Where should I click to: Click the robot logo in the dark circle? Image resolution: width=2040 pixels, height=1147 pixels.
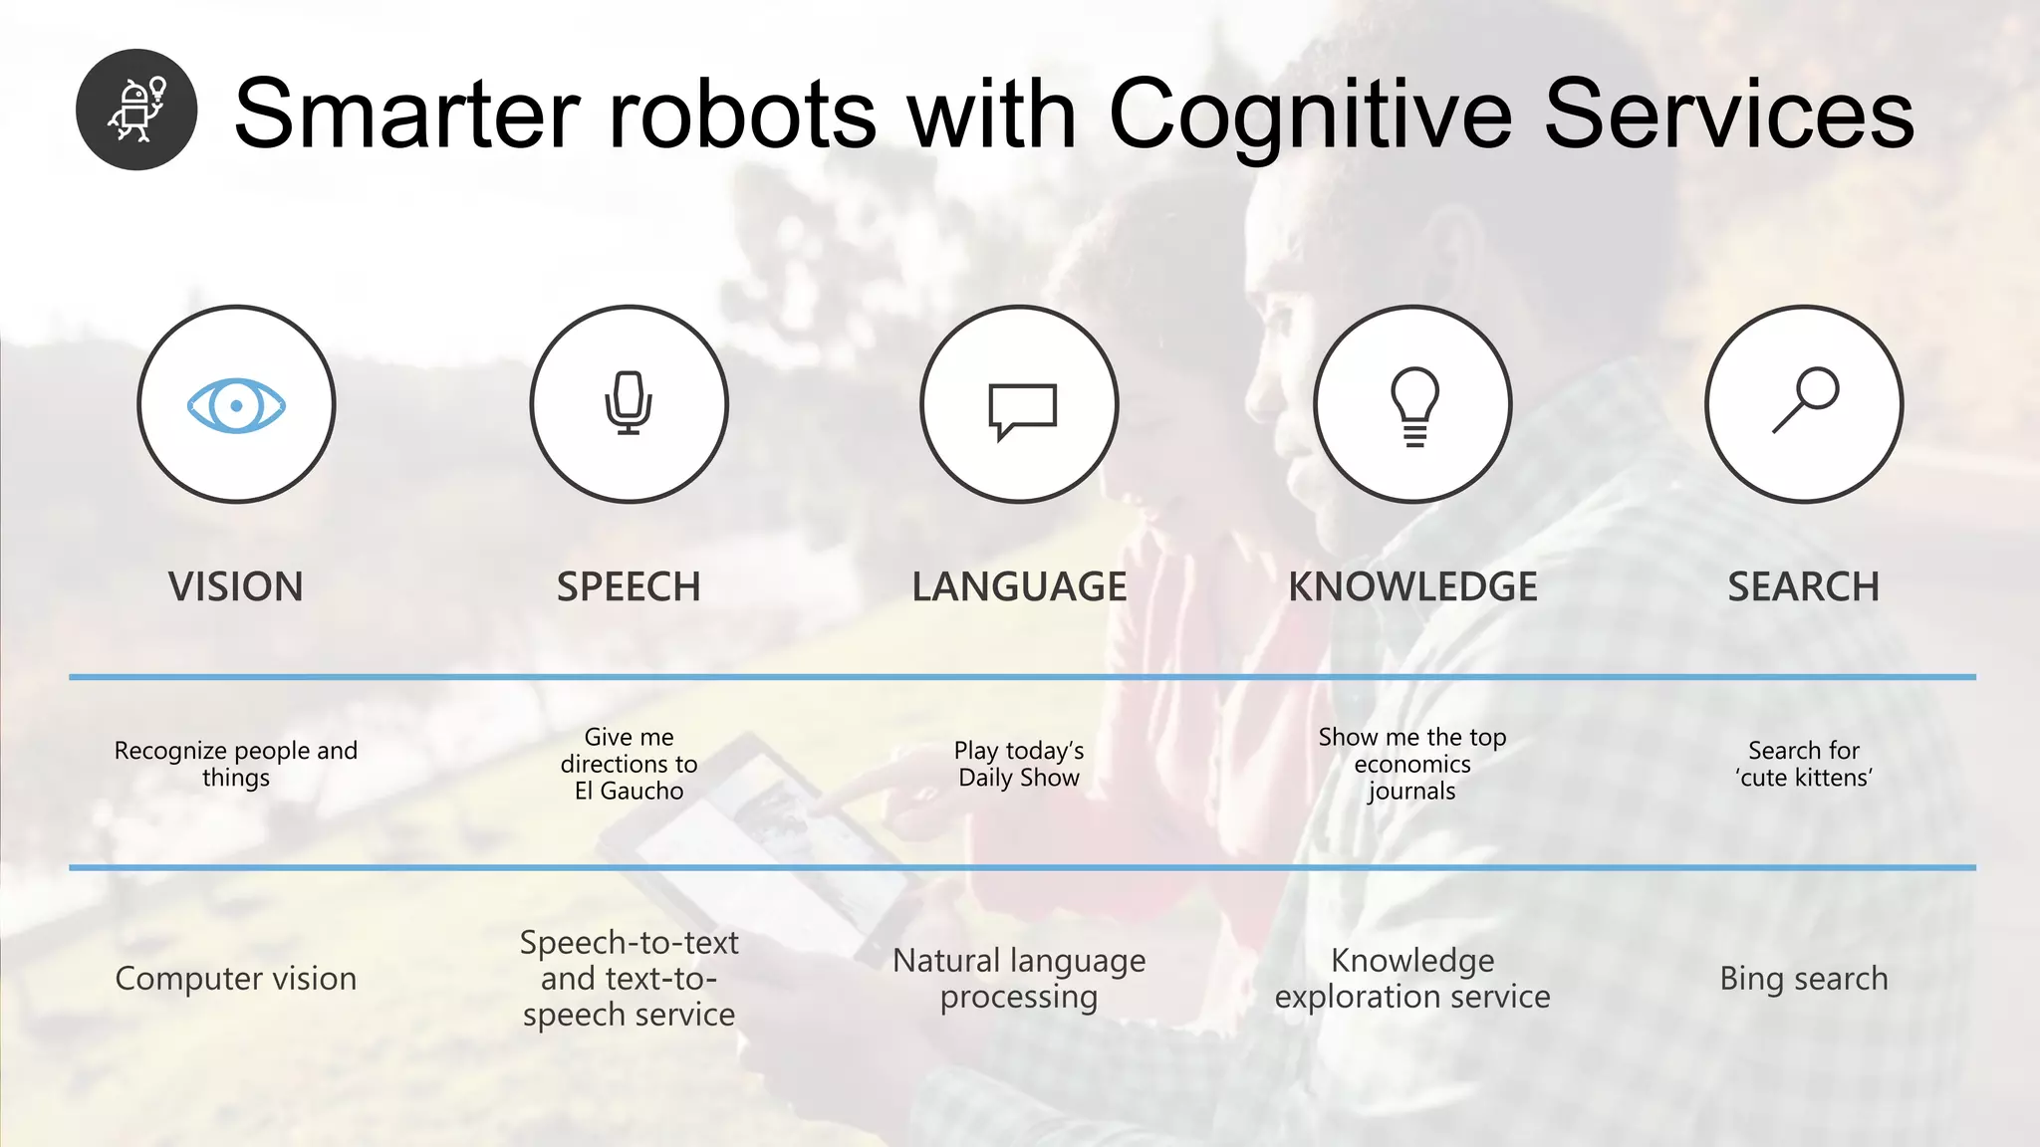(x=136, y=110)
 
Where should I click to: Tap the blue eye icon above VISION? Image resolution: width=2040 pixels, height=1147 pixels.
(x=236, y=405)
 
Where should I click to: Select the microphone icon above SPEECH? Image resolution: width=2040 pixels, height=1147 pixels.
(x=629, y=403)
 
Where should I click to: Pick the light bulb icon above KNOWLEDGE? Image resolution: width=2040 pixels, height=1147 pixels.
(x=1413, y=405)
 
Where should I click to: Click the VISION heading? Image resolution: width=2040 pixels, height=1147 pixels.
(x=236, y=587)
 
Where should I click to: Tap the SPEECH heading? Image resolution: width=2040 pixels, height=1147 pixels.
(x=629, y=587)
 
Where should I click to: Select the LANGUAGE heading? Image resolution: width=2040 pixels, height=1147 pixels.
(x=1019, y=587)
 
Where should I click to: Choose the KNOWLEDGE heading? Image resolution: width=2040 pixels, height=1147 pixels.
(x=1412, y=587)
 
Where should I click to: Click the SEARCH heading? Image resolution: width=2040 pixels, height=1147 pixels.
(x=1803, y=587)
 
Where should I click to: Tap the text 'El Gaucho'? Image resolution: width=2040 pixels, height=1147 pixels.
(x=629, y=792)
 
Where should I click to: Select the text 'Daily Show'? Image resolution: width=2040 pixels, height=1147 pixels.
(x=1019, y=778)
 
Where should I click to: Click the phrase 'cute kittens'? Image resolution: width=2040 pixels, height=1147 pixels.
(x=1804, y=778)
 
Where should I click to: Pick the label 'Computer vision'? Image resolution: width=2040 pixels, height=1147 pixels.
(x=236, y=979)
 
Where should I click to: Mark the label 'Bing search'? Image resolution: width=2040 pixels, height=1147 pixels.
(x=1804, y=979)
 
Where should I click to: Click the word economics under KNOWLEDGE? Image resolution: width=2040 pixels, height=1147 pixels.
(x=1412, y=765)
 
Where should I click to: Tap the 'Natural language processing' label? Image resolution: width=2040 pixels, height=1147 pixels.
(x=1019, y=979)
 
